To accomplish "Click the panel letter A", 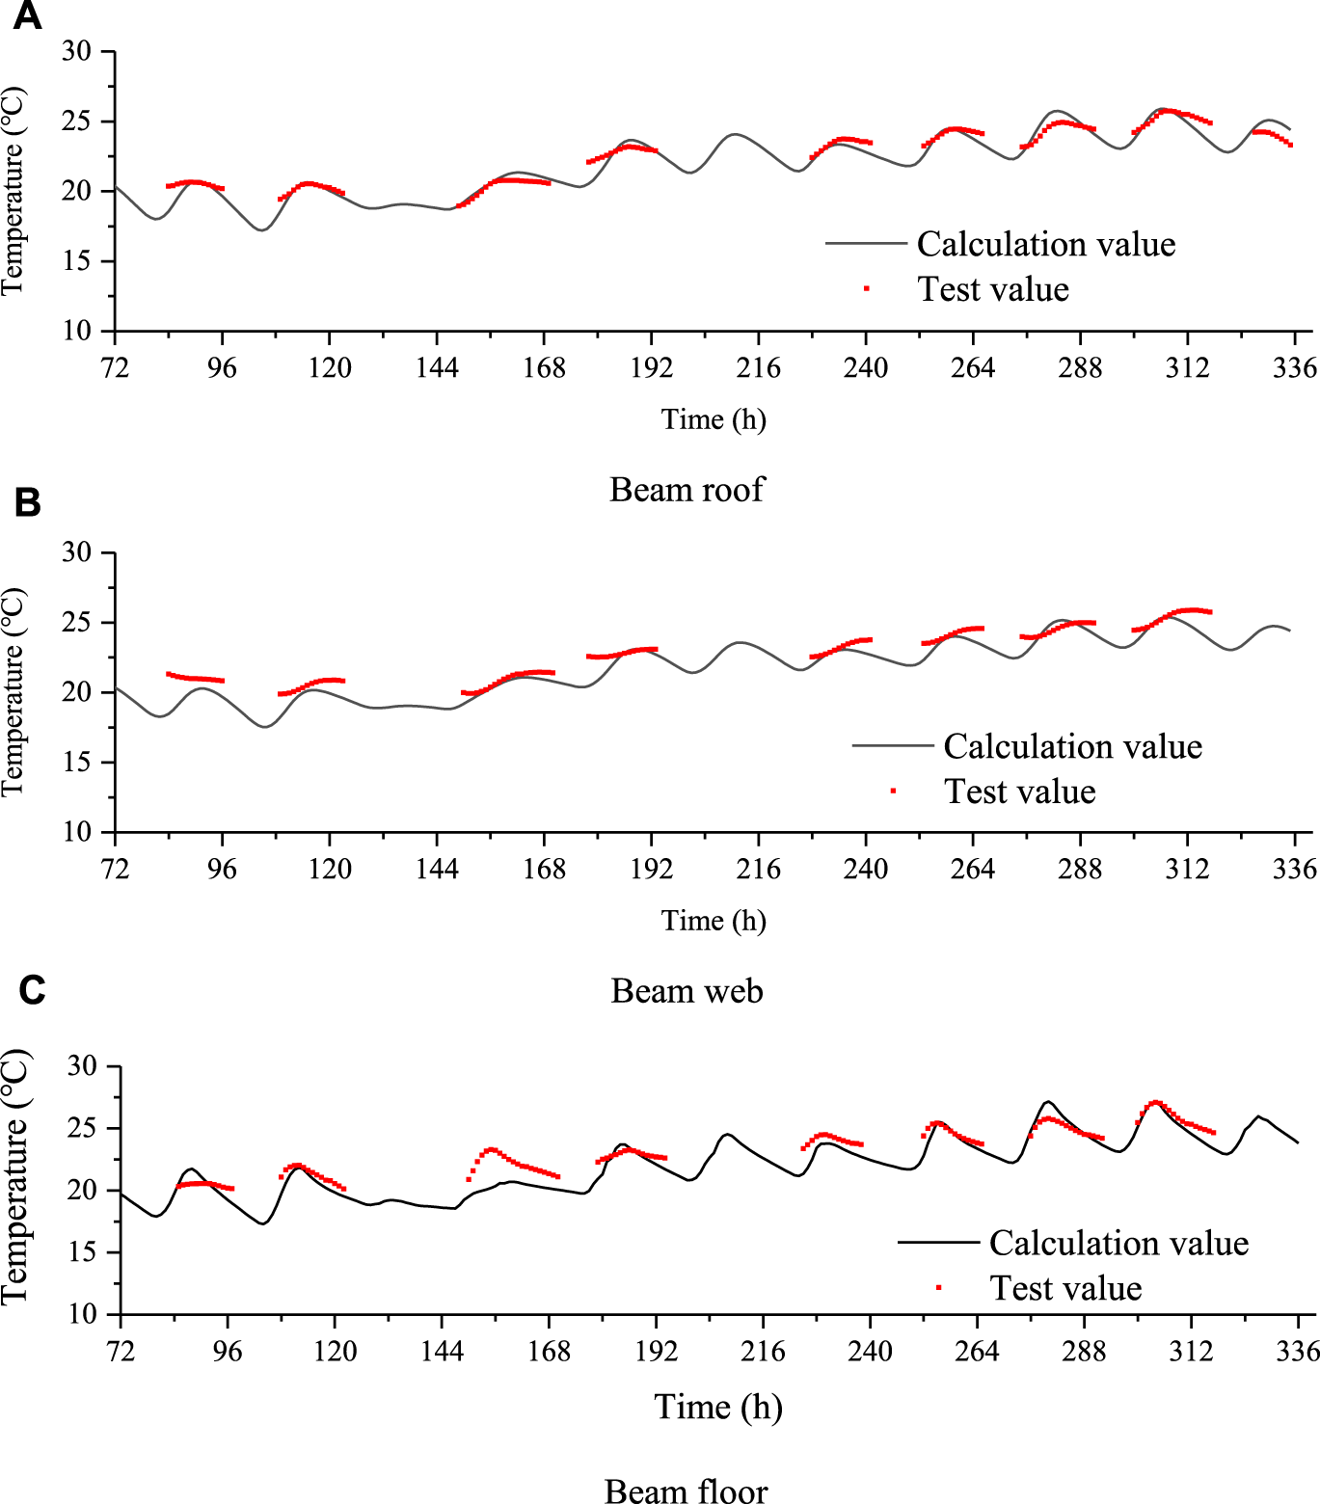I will pyautogui.click(x=27, y=16).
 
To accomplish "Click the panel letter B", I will pyautogui.click(x=27, y=502).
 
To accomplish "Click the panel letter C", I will pyautogui.click(x=31, y=990).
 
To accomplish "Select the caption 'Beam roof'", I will pyautogui.click(x=687, y=490).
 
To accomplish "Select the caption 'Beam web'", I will pyautogui.click(x=687, y=991).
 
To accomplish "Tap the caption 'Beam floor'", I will pyautogui.click(x=687, y=1491).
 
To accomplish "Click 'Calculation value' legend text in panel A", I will pyautogui.click(x=1046, y=244).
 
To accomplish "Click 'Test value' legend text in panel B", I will pyautogui.click(x=1019, y=792).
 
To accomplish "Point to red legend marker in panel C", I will pyautogui.click(x=939, y=1287).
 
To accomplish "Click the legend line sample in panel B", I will pyautogui.click(x=893, y=745).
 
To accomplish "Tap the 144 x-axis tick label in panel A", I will pyautogui.click(x=437, y=367).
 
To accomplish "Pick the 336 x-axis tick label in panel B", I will pyautogui.click(x=1294, y=869).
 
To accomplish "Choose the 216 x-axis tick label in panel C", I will pyautogui.click(x=763, y=1351).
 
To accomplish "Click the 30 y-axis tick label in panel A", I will pyautogui.click(x=77, y=51).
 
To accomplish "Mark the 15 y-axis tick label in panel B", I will pyautogui.click(x=77, y=763).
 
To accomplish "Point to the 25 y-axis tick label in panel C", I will pyautogui.click(x=82, y=1128).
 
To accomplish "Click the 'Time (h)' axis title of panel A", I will pyautogui.click(x=714, y=419).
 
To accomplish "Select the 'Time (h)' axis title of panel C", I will pyautogui.click(x=718, y=1407).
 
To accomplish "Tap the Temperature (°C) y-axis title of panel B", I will pyautogui.click(x=13, y=692).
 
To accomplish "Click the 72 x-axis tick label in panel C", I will pyautogui.click(x=121, y=1351).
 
